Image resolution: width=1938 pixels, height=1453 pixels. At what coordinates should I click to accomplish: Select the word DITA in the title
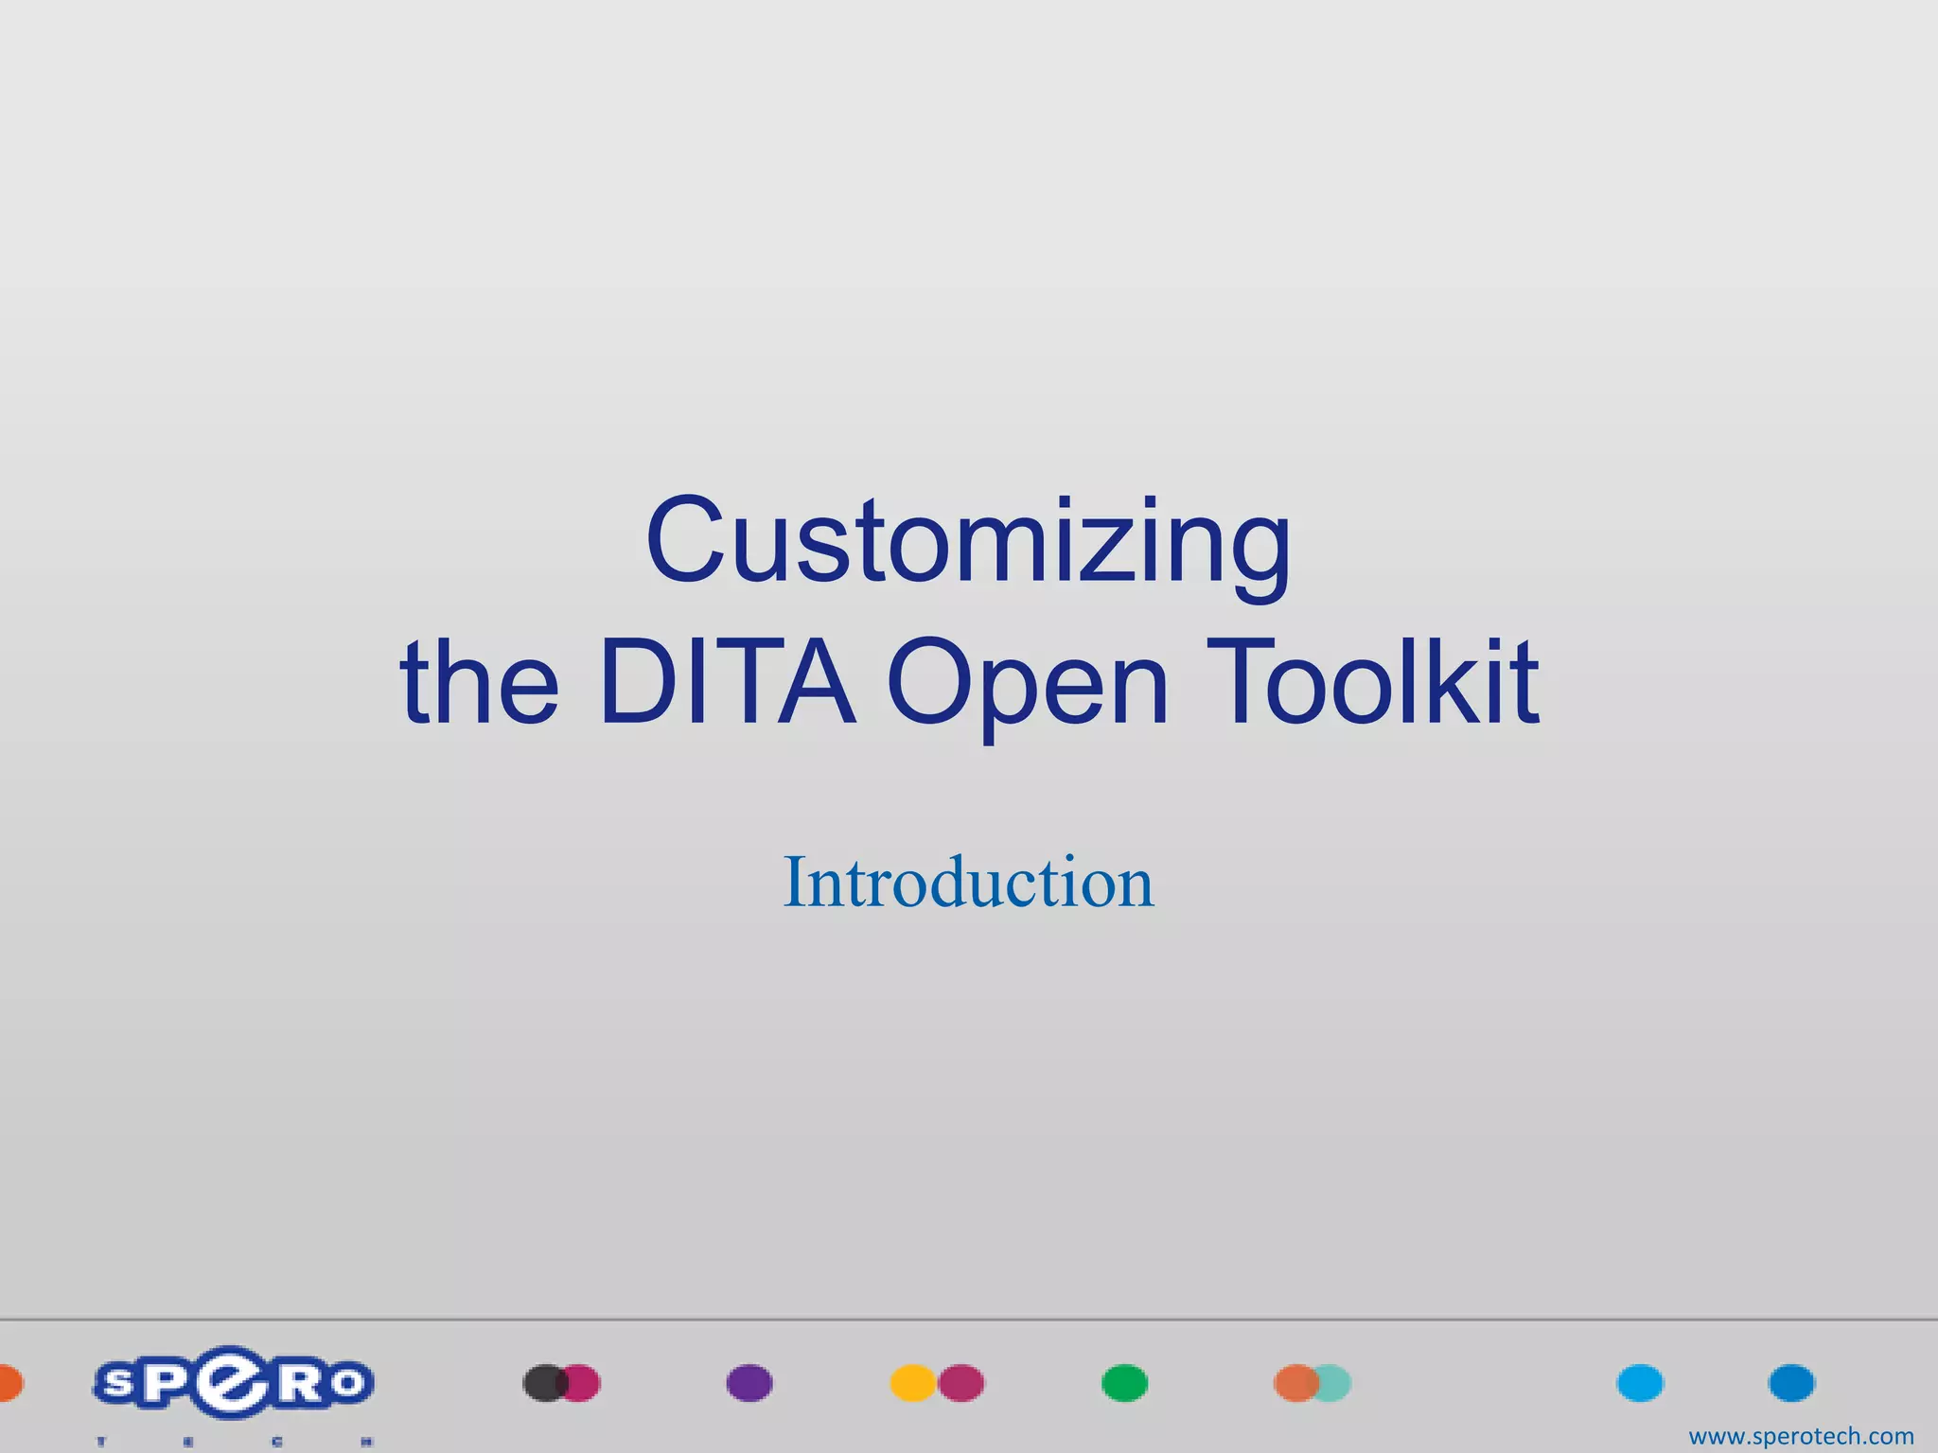(727, 683)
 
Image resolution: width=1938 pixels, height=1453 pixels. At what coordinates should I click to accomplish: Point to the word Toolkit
(1372, 683)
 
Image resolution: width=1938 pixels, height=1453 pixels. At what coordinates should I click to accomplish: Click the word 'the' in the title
(480, 683)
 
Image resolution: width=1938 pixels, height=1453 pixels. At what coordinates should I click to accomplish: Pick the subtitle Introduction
(968, 882)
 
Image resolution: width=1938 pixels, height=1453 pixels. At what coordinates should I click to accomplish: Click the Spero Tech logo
(233, 1387)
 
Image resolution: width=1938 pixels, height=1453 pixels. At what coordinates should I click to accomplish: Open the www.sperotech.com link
(1801, 1436)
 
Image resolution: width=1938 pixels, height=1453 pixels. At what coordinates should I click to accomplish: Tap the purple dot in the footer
(749, 1383)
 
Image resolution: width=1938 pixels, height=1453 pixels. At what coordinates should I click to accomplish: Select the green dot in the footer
(1124, 1383)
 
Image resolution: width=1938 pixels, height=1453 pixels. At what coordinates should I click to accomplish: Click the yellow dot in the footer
(910, 1383)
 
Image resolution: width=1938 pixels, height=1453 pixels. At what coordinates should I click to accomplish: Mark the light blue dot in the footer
(1640, 1383)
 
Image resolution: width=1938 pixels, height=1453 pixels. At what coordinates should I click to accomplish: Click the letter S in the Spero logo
(118, 1384)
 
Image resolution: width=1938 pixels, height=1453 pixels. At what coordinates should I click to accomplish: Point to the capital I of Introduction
(793, 882)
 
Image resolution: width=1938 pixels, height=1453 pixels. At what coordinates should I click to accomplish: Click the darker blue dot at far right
(1791, 1383)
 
